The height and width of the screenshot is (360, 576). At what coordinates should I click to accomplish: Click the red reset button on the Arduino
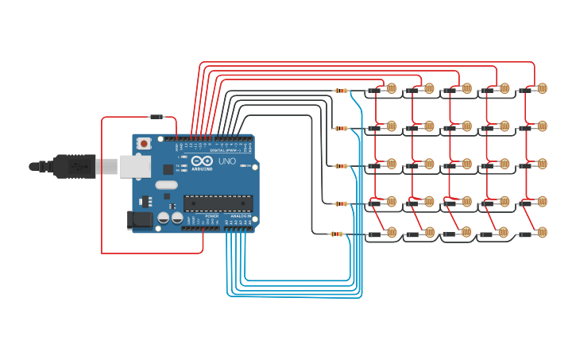[144, 144]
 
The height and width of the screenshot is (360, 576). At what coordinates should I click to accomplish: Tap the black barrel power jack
[140, 219]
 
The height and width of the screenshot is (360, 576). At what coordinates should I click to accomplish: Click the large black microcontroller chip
[218, 203]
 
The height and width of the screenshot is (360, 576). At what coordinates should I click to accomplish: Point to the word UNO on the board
[227, 161]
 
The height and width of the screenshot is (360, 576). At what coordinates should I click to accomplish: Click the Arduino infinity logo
[201, 161]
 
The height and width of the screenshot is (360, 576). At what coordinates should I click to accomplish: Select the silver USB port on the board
[134, 166]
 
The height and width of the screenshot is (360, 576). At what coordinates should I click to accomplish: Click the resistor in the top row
[342, 91]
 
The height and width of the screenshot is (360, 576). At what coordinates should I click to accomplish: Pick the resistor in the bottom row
[337, 234]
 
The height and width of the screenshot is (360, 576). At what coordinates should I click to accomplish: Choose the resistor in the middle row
[340, 166]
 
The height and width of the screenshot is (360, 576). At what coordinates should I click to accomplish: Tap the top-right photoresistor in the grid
[542, 88]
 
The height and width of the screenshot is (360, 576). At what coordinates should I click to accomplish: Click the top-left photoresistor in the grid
[391, 88]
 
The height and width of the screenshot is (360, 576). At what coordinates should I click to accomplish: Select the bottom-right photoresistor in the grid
[542, 232]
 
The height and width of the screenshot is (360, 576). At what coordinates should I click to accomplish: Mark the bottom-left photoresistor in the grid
[391, 232]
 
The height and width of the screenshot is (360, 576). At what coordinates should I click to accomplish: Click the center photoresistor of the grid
[466, 164]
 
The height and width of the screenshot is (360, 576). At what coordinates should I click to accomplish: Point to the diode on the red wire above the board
[157, 117]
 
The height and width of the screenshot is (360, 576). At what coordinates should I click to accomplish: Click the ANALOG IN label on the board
[241, 216]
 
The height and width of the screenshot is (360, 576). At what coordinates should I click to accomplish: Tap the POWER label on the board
[211, 216]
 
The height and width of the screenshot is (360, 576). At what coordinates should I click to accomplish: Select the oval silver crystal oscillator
[166, 185]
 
